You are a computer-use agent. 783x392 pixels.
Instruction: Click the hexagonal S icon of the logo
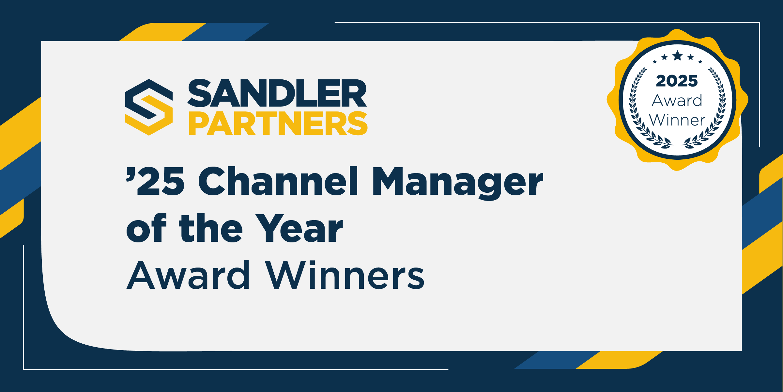pos(149,107)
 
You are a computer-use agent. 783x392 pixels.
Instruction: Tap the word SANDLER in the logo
pos(277,93)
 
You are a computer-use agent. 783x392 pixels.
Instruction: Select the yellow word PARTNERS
pos(278,123)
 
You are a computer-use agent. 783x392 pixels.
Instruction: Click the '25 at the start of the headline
pos(155,181)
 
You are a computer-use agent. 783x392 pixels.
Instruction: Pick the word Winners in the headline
pos(345,275)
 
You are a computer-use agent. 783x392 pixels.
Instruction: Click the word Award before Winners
pos(188,275)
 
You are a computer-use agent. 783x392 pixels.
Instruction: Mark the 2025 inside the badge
pos(677,81)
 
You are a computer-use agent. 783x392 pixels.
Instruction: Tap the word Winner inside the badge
pos(677,120)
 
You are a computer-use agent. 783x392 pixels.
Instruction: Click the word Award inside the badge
pos(677,100)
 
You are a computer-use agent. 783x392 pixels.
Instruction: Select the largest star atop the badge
pos(678,55)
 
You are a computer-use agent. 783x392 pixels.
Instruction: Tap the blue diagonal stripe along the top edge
pos(225,32)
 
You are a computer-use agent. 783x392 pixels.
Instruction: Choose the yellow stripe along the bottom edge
pos(620,360)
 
